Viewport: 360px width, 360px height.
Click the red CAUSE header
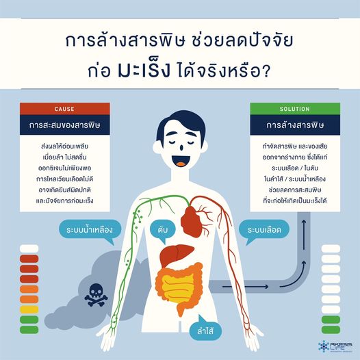click(x=65, y=109)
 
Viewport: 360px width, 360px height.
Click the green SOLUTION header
click(x=295, y=109)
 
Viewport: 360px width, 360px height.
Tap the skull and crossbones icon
click(x=96, y=295)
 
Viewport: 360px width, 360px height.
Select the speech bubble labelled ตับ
click(x=163, y=231)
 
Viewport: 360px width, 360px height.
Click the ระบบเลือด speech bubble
click(x=264, y=230)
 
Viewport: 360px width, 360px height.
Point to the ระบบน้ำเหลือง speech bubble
click(x=90, y=230)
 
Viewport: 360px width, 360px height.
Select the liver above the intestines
click(x=176, y=255)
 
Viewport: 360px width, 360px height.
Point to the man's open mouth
click(x=181, y=161)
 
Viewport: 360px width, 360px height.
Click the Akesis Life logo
click(x=335, y=346)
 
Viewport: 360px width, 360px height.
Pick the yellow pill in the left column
click(x=29, y=309)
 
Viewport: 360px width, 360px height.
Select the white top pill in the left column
click(x=29, y=248)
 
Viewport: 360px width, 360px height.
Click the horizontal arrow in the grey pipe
click(x=245, y=287)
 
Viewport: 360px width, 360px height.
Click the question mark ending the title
click(x=266, y=70)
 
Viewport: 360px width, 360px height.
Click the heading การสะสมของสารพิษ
click(x=65, y=125)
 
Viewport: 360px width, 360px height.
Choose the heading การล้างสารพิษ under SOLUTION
click(x=295, y=125)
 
